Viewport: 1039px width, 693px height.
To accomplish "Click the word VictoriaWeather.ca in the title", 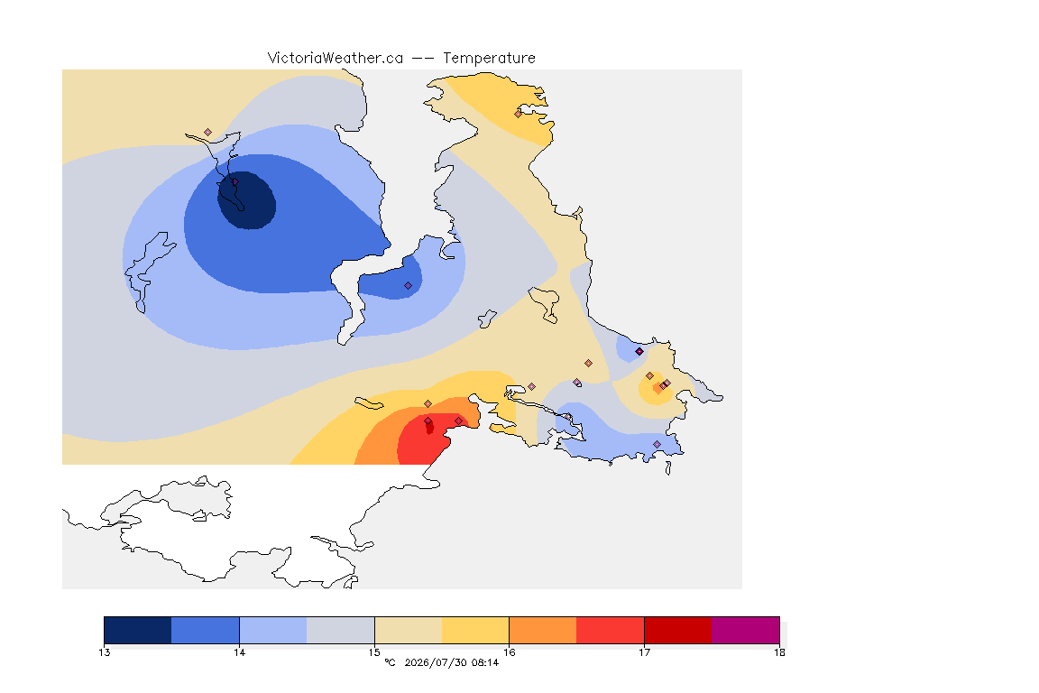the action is [x=336, y=59].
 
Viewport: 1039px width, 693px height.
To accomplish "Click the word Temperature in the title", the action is [x=489, y=59].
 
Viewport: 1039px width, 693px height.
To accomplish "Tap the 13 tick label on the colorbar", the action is [x=104, y=652].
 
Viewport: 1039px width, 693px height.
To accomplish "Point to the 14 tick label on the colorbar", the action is [x=239, y=652].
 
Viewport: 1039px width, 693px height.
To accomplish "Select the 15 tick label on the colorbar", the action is [x=374, y=652].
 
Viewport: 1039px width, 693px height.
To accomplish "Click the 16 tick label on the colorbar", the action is [x=509, y=652].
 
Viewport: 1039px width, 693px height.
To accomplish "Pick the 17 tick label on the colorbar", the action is [x=644, y=652].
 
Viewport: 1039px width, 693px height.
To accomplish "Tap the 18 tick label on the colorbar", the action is [x=779, y=652].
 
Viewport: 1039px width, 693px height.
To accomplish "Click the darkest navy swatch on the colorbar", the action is [x=138, y=630].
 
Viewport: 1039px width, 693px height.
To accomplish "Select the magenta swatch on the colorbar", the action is [x=746, y=630].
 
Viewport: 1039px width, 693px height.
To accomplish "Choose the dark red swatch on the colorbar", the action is [x=678, y=630].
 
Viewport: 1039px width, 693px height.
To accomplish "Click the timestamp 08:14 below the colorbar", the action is [x=485, y=662].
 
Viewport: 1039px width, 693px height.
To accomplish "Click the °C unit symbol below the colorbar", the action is [x=390, y=662].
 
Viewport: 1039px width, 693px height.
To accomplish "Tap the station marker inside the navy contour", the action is [x=234, y=182].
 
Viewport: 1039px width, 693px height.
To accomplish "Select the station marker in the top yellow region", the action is [x=519, y=114].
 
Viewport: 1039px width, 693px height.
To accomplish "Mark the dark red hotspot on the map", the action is [x=429, y=427].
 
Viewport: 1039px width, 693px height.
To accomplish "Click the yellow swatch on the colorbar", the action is [x=475, y=630].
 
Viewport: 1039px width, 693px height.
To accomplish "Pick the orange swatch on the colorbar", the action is [x=543, y=630].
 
